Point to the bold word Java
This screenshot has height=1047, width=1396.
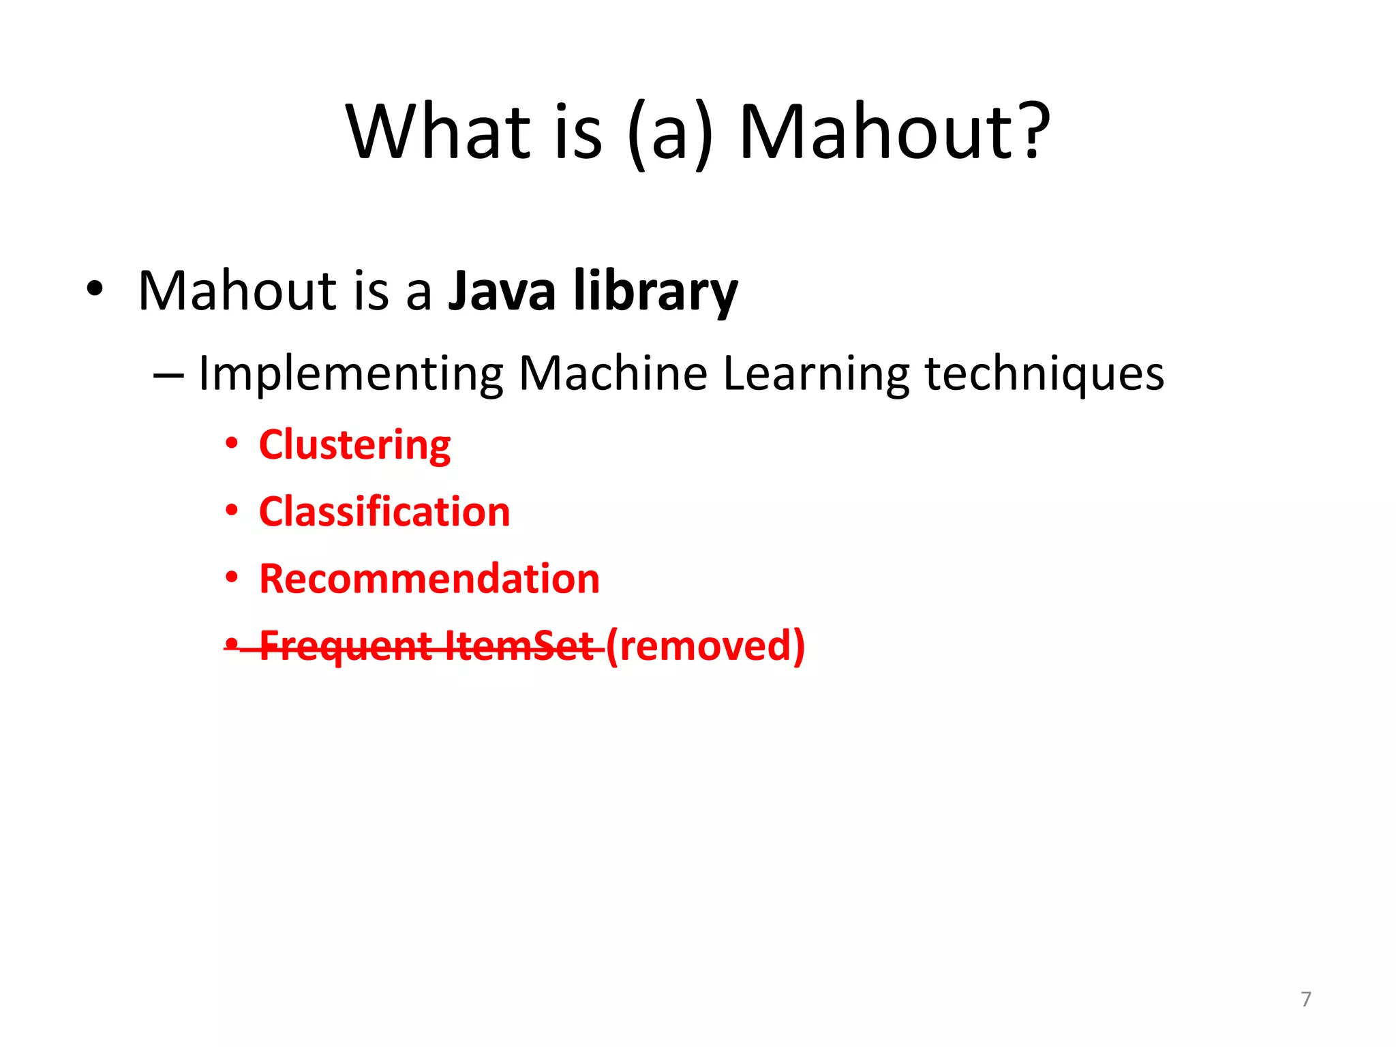502,291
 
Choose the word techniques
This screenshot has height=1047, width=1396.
1044,374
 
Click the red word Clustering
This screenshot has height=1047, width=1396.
354,446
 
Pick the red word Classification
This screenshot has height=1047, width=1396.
384,512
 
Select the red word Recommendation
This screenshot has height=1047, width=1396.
429,579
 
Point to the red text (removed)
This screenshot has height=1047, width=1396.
705,646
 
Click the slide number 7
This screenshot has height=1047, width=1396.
1305,999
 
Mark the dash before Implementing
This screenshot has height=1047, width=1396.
168,375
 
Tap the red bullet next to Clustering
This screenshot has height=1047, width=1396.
232,444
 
